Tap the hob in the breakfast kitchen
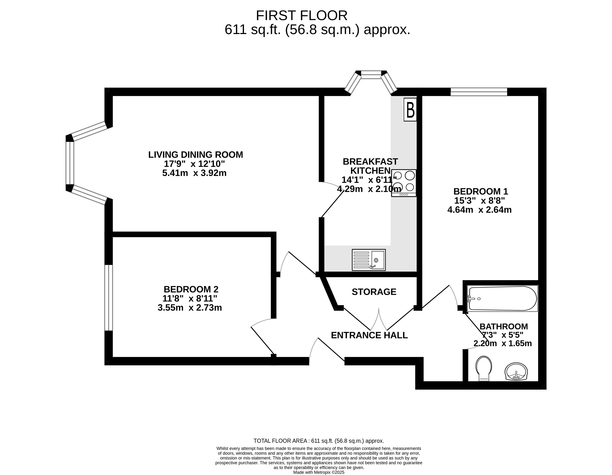(x=404, y=183)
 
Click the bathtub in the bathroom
(x=502, y=298)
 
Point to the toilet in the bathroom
(x=484, y=368)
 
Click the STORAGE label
(x=374, y=292)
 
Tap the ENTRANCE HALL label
(x=369, y=335)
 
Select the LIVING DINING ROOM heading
(x=196, y=155)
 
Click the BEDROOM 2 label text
(x=191, y=289)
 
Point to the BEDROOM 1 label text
(x=481, y=191)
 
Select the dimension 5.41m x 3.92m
(x=195, y=173)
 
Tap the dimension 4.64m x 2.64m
(x=479, y=210)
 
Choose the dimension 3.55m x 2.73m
(x=190, y=308)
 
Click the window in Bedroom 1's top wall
(x=479, y=92)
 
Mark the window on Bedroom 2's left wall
(x=108, y=298)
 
